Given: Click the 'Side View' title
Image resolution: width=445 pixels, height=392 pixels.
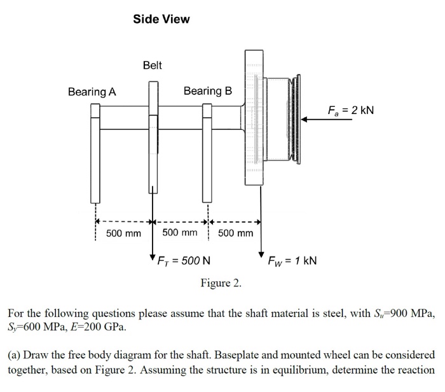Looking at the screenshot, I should click(161, 19).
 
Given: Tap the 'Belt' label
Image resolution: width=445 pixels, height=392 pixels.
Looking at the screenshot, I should click(153, 65).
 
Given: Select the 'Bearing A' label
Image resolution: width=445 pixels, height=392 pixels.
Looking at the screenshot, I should click(92, 92).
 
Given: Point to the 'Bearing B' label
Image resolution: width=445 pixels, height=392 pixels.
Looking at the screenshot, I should click(208, 91).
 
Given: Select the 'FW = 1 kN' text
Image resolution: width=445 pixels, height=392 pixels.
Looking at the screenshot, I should click(292, 261).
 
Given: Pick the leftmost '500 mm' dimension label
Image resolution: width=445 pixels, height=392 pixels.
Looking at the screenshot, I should click(123, 233).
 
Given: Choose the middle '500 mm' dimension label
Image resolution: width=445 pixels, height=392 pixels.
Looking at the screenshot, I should click(180, 233).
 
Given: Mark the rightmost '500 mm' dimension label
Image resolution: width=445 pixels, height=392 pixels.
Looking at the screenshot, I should click(235, 233).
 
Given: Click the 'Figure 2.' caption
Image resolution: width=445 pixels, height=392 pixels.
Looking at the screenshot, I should click(221, 283).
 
